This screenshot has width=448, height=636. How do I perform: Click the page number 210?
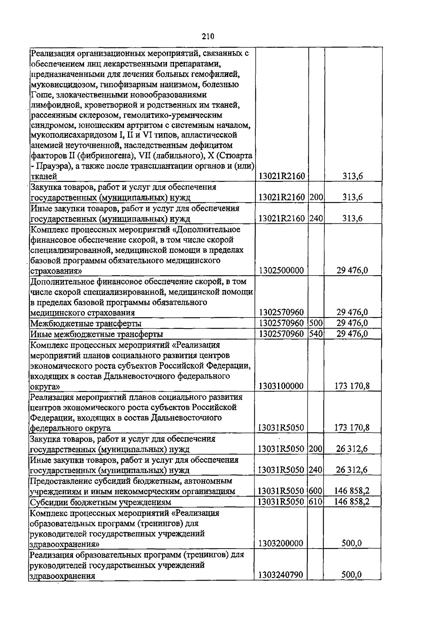208,36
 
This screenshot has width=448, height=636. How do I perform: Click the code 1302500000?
281,270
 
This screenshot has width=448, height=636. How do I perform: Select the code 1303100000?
281,386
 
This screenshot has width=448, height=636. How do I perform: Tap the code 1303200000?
281,543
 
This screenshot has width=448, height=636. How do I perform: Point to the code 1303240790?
281,575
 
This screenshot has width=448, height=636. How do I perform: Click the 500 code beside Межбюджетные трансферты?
316,323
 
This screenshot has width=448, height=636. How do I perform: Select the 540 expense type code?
316,333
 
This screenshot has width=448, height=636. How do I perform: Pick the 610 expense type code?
316,502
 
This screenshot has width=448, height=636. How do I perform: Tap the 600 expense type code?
316,491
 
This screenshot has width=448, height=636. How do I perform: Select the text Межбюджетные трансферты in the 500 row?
85,323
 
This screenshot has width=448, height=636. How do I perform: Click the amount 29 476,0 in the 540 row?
352,333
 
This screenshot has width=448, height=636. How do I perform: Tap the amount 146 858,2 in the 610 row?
352,502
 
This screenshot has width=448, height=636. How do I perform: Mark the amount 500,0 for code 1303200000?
352,543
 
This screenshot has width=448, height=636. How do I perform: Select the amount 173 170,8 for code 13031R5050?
352,428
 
